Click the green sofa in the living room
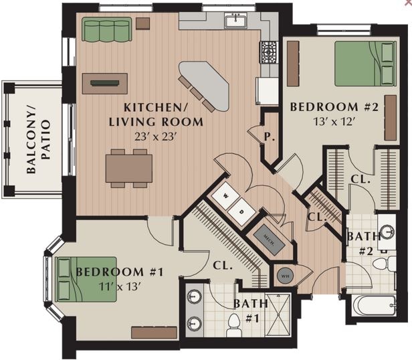[106, 29]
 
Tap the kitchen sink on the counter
[235, 22]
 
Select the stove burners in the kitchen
[269, 52]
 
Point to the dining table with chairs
[128, 168]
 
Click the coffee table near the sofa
[104, 84]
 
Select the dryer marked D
[243, 213]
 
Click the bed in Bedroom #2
[365, 64]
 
